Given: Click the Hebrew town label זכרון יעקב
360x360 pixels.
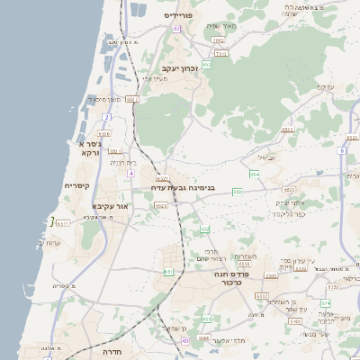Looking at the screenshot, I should pos(180,69).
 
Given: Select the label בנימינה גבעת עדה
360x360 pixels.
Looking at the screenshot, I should pos(183,187).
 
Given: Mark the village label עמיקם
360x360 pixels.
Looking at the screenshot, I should pos(326,87).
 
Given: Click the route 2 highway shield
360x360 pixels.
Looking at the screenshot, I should pos(106,117).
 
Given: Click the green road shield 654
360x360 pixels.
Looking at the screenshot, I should pos(255,174).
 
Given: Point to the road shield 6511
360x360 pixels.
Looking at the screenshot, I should pos(63,223).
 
